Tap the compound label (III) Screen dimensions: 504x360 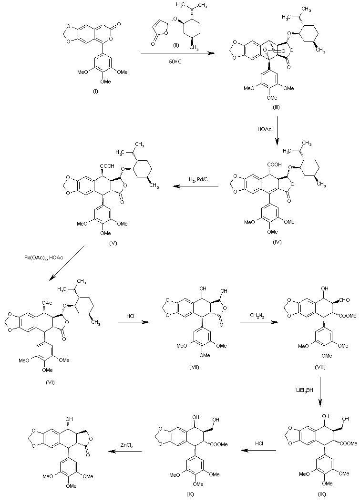pyautogui.click(x=276, y=108)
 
